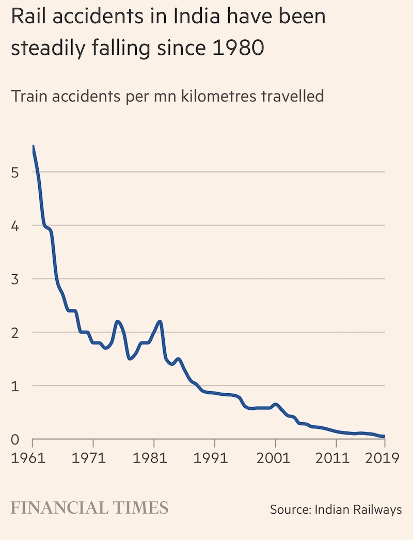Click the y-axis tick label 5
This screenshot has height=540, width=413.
coord(15,173)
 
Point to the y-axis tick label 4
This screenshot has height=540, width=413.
coord(15,226)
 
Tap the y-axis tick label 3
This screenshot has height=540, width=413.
coord(15,279)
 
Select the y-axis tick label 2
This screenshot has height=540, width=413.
coord(15,332)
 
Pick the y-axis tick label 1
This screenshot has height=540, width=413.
coord(15,385)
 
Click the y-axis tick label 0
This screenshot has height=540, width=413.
coord(15,439)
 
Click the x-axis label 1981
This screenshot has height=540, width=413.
coord(154,457)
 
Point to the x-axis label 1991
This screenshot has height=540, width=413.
coord(214,457)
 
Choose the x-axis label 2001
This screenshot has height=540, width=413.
coord(275,457)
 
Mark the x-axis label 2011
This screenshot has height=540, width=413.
coord(336,457)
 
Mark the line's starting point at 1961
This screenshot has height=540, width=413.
coord(33,146)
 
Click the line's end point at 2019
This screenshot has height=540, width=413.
coord(384,437)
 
